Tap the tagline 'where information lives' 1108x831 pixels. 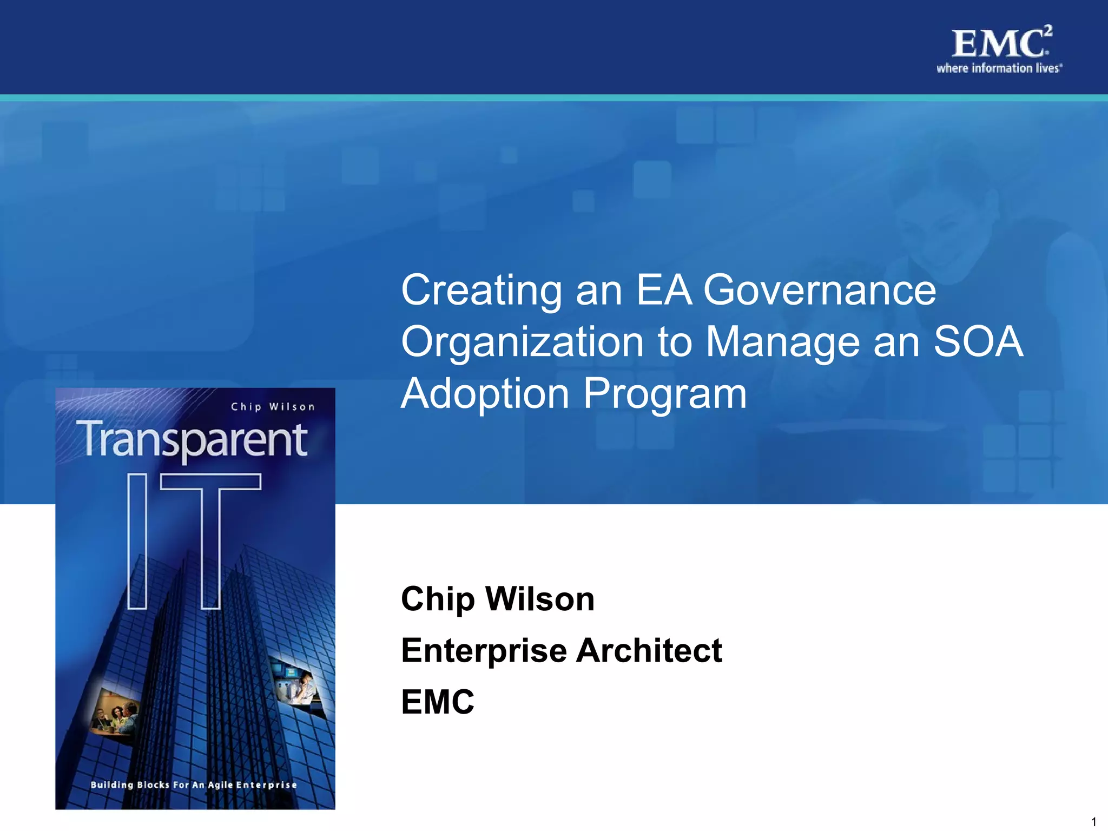999,68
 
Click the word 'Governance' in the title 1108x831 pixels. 819,291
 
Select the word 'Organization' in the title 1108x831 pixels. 522,342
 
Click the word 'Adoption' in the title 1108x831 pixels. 485,394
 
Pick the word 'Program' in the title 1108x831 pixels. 665,394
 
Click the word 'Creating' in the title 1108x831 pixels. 481,291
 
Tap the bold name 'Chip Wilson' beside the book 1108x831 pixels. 497,599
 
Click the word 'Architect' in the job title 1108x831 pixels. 649,650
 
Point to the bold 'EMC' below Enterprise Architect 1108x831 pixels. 437,702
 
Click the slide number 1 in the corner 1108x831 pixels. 1093,821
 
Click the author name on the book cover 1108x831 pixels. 273,407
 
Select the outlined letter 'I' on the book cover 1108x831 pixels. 137,541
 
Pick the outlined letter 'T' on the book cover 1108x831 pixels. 211,541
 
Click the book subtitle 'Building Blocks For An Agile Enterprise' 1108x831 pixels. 194,784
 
